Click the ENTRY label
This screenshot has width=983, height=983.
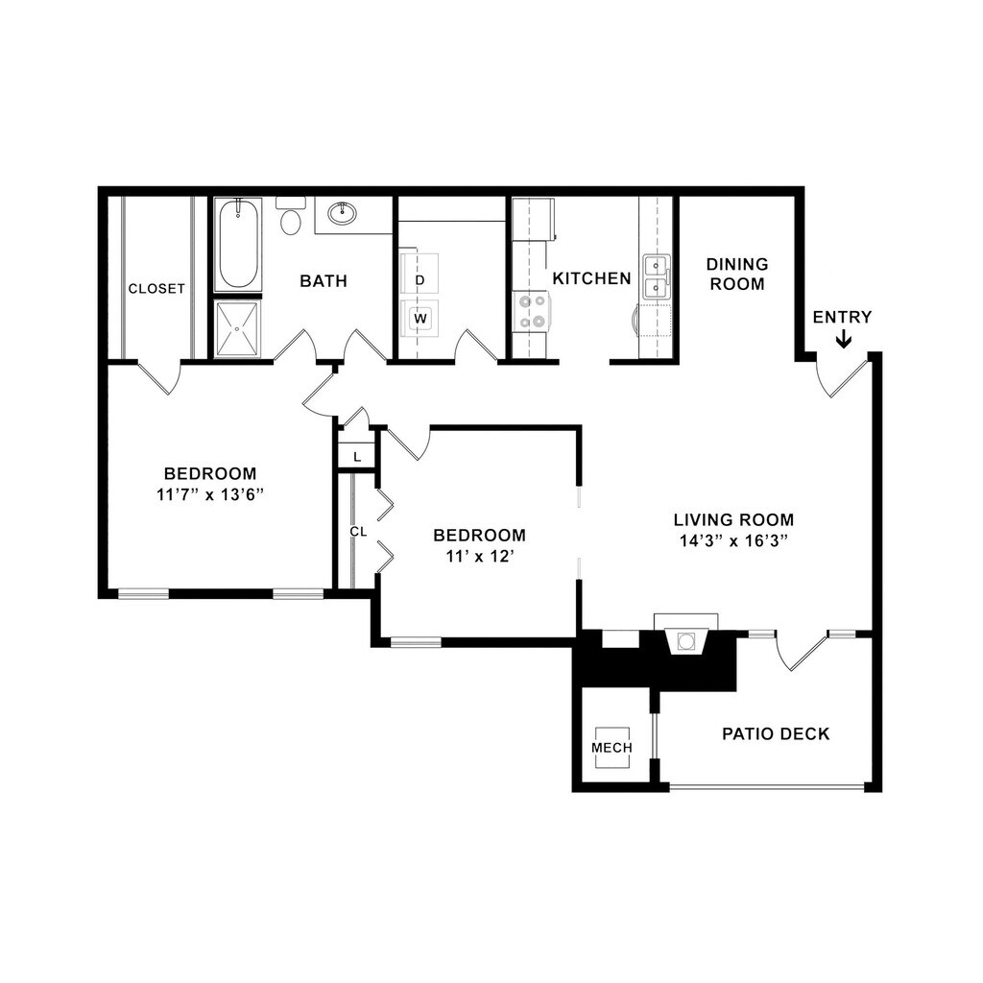pyautogui.click(x=842, y=318)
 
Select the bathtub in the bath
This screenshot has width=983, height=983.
pyautogui.click(x=236, y=246)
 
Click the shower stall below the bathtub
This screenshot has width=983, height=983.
pyautogui.click(x=236, y=330)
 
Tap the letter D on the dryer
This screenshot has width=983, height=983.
pyautogui.click(x=420, y=280)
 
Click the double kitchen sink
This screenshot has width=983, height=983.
pyautogui.click(x=658, y=276)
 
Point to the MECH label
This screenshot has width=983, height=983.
pyautogui.click(x=611, y=748)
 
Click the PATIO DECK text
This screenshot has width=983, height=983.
pyautogui.click(x=776, y=734)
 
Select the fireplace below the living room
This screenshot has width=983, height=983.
pyautogui.click(x=687, y=641)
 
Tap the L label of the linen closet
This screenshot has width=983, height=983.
pyautogui.click(x=357, y=456)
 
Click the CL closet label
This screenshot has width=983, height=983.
pyautogui.click(x=358, y=531)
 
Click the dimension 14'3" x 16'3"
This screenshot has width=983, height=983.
pyautogui.click(x=733, y=540)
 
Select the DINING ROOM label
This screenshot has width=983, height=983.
pyautogui.click(x=737, y=274)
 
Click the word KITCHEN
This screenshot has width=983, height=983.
pyautogui.click(x=591, y=278)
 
